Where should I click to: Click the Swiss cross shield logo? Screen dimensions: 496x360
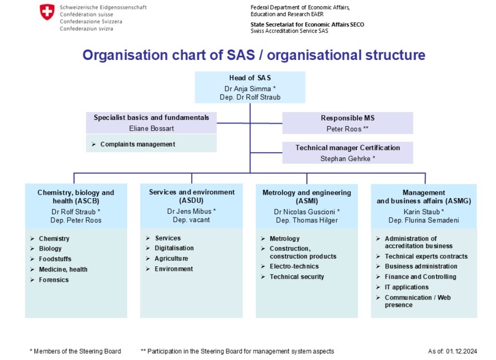click(x=47, y=12)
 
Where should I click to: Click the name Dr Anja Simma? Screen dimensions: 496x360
click(x=248, y=89)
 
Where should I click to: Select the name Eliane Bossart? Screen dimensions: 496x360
click(x=152, y=128)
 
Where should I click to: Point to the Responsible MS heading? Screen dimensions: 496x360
click(x=348, y=118)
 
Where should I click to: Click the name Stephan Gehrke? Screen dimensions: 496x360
click(x=345, y=159)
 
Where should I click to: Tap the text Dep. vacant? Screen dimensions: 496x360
click(x=192, y=220)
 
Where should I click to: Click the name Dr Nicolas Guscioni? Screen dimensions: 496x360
click(x=304, y=212)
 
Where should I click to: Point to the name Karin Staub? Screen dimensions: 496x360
click(x=422, y=212)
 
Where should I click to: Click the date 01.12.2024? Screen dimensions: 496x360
click(x=462, y=351)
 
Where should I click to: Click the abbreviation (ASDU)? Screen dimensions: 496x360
click(x=192, y=201)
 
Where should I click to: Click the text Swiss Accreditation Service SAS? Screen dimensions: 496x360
click(x=290, y=31)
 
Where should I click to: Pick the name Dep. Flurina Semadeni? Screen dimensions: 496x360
click(x=423, y=221)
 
